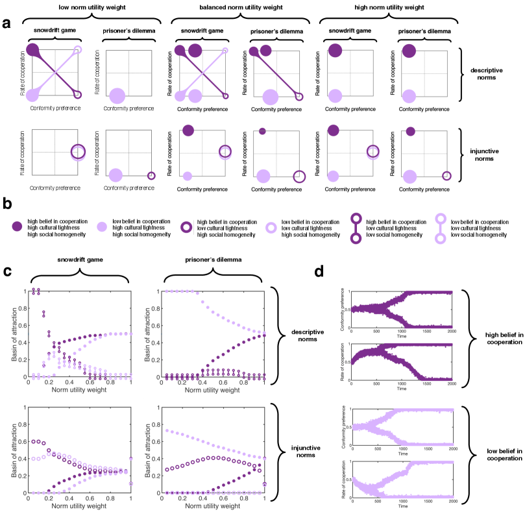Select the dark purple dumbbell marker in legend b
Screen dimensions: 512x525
click(354, 227)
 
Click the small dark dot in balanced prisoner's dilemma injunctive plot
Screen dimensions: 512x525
click(262, 131)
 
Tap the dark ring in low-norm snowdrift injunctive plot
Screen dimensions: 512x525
click(78, 151)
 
